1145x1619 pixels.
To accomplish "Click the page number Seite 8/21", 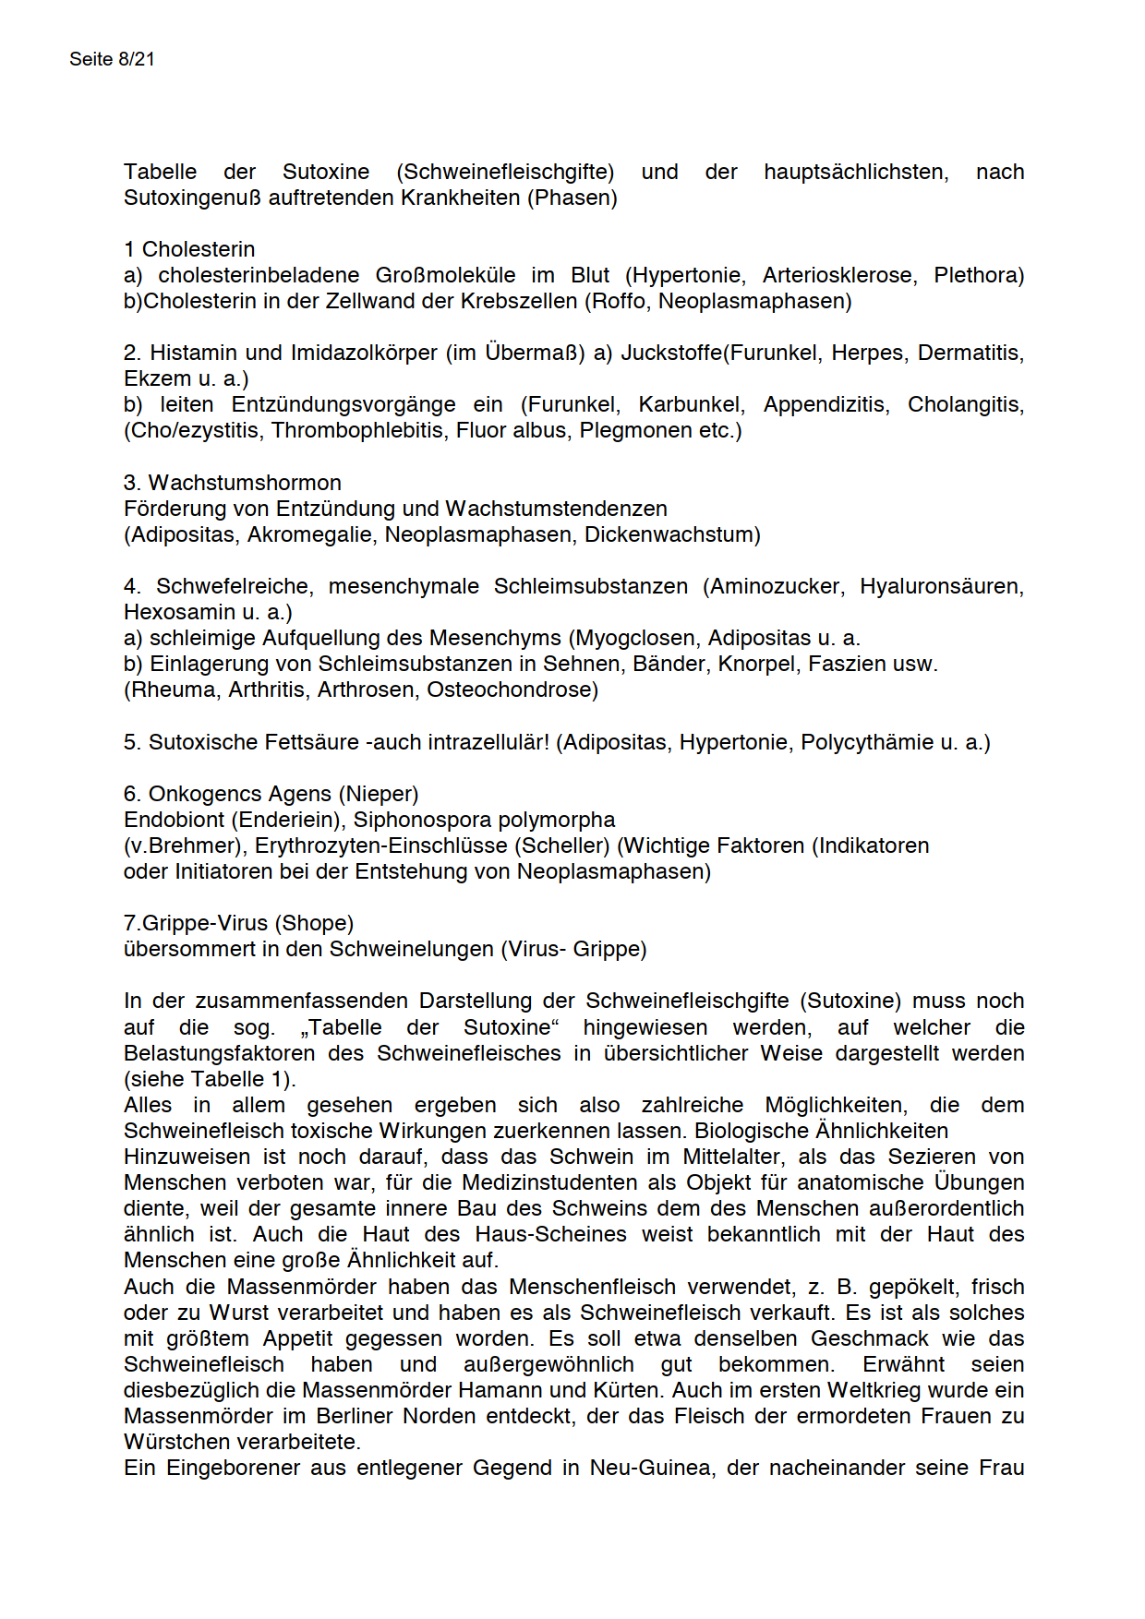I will (x=112, y=59).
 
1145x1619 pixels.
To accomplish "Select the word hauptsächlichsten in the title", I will (x=855, y=172).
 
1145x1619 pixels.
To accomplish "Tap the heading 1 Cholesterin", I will (x=189, y=249).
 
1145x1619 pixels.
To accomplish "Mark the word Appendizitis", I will (x=824, y=404).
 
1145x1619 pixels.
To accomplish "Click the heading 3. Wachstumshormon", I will (x=233, y=483).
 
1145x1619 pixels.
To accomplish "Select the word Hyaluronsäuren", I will (x=941, y=586).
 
